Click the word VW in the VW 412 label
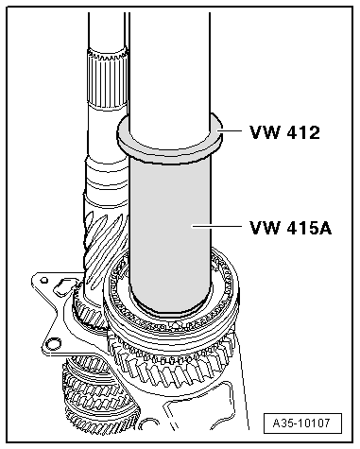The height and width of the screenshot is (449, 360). [263, 132]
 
